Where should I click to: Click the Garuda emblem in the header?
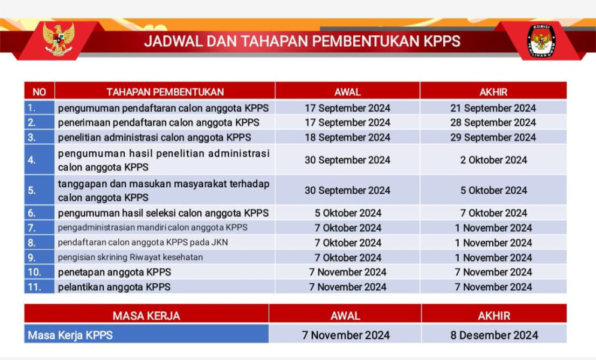(58, 39)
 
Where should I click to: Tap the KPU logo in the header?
(541, 41)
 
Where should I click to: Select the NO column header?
(39, 92)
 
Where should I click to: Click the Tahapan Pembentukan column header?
(165, 92)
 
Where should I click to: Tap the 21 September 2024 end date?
(493, 108)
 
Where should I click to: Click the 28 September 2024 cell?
(493, 122)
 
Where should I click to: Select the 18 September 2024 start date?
(347, 137)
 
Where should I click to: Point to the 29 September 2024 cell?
(493, 137)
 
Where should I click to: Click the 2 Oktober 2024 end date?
(493, 160)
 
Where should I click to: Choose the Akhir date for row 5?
(493, 190)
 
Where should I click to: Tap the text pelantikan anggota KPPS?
(114, 287)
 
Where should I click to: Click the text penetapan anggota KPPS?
(114, 272)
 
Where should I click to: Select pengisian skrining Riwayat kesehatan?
(130, 257)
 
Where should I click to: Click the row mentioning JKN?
(143, 242)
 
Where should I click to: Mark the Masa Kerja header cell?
(146, 316)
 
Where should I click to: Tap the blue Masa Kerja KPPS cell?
(146, 335)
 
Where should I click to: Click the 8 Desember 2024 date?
(494, 335)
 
